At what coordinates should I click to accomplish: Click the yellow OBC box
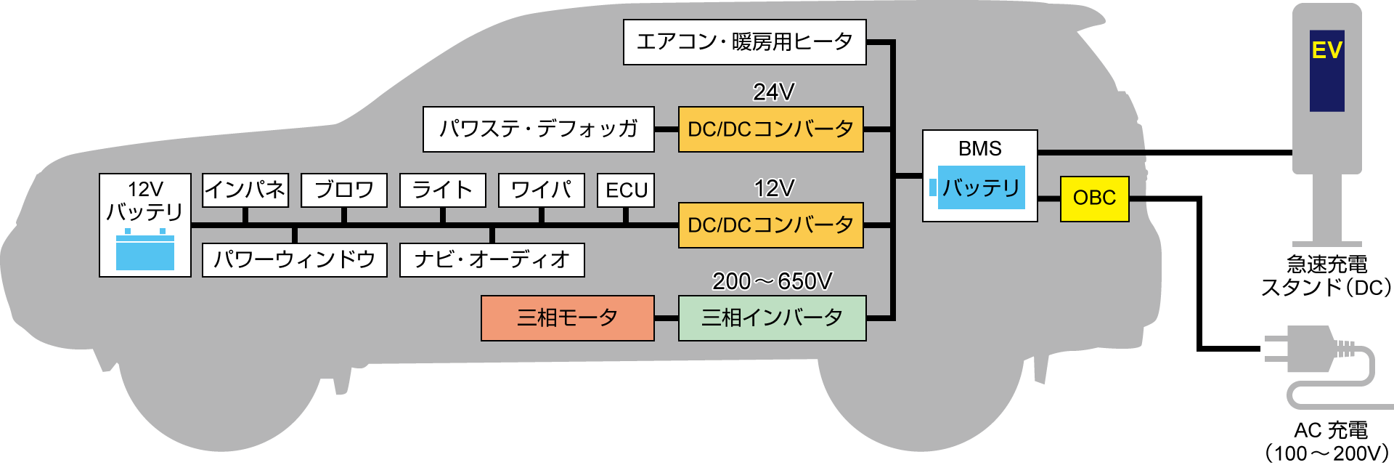[x=1094, y=198]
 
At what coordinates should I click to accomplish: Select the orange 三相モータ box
[x=567, y=318]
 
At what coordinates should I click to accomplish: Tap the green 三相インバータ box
[x=772, y=318]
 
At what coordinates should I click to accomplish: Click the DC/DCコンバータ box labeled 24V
[x=770, y=129]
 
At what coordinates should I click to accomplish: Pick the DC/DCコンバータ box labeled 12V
[x=770, y=225]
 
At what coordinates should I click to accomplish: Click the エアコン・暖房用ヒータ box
[x=744, y=42]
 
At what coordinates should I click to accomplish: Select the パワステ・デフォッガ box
[x=538, y=129]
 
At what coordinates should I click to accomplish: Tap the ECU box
[x=626, y=190]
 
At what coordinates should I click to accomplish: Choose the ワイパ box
[x=541, y=190]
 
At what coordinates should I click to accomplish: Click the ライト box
[x=442, y=190]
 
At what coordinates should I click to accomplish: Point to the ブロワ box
[x=343, y=190]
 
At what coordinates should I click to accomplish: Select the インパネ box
[x=245, y=190]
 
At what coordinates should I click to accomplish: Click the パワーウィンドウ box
[x=294, y=259]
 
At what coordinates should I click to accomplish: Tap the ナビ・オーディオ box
[x=492, y=259]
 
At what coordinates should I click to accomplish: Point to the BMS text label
[x=979, y=149]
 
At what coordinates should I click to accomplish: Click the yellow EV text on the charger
[x=1326, y=50]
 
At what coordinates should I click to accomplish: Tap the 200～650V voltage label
[x=772, y=281]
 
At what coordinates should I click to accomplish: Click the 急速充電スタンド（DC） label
[x=1326, y=276]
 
